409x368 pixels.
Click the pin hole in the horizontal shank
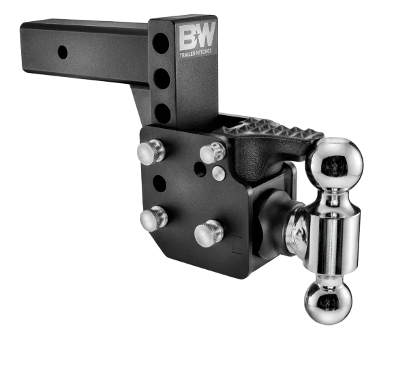pos(63,52)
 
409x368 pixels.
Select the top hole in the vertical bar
pos(162,44)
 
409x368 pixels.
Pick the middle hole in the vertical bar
pos(162,79)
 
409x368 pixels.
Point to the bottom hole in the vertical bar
pos(162,112)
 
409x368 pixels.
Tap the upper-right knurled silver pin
pos(213,152)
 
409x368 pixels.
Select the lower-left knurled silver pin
pos(153,218)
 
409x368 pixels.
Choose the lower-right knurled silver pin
pos(209,233)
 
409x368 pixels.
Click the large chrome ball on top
pos(335,162)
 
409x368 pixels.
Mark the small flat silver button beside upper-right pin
pos(218,173)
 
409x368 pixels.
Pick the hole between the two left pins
pos(159,183)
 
